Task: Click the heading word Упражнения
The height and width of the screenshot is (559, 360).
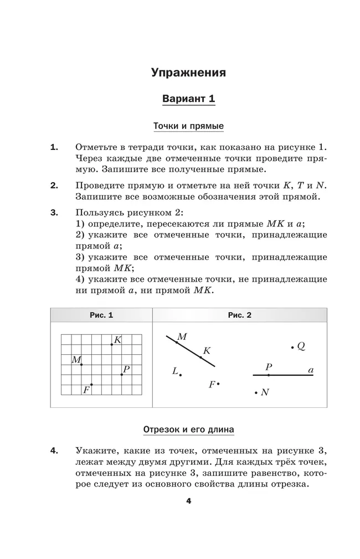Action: [188, 73]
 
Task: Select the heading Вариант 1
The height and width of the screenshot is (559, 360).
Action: [188, 99]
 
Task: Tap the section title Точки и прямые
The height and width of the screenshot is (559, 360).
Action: [188, 127]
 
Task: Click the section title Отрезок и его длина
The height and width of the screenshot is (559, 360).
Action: [188, 429]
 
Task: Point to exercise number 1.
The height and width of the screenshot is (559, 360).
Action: [54, 147]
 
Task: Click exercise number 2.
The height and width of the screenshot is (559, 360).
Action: [54, 185]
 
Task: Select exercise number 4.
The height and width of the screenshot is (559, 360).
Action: [54, 451]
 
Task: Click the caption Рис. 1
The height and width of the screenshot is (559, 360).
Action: [101, 315]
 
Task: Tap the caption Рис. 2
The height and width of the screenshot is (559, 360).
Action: [239, 315]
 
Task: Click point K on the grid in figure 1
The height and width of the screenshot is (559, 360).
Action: [112, 344]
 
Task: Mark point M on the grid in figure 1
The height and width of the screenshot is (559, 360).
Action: [81, 364]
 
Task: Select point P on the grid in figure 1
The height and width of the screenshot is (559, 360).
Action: [122, 375]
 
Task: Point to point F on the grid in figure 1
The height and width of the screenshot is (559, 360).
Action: [91, 385]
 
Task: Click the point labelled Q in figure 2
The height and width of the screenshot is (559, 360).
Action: [292, 347]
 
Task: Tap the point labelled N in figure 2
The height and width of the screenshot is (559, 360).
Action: [256, 392]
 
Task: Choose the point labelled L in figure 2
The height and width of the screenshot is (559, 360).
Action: [181, 375]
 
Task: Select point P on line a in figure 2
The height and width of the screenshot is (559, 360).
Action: [269, 375]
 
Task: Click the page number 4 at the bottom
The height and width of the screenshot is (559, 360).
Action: [188, 501]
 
